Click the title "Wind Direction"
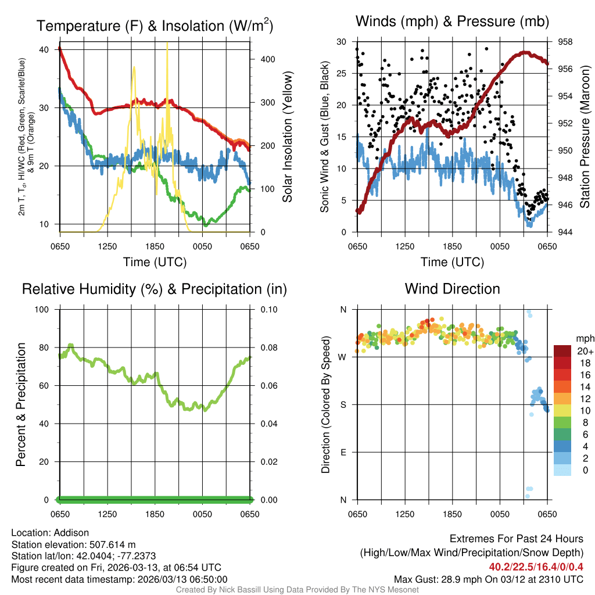pyautogui.click(x=452, y=289)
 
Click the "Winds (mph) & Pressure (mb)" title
pyautogui.click(x=452, y=22)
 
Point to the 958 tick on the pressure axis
pyautogui.click(x=565, y=42)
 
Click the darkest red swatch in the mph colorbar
pyautogui.click(x=562, y=351)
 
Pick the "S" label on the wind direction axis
pyautogui.click(x=343, y=404)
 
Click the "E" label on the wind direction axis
pyautogui.click(x=343, y=452)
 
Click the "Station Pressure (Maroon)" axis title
pyautogui.click(x=585, y=137)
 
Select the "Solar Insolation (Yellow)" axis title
pyautogui.click(x=287, y=137)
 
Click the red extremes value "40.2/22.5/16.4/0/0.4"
pyautogui.click(x=536, y=567)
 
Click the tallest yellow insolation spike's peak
pyautogui.click(x=167, y=44)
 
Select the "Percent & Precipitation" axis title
pyautogui.click(x=21, y=404)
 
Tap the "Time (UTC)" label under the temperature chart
pyautogui.click(x=155, y=262)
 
